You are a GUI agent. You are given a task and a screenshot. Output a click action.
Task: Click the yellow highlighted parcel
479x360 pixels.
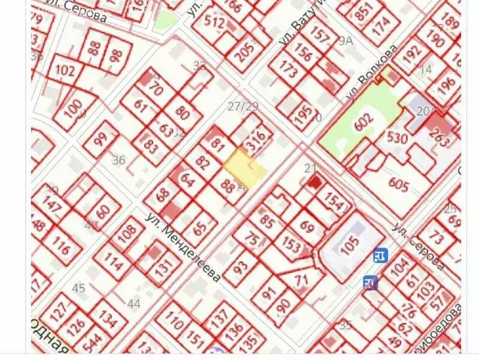point(243,168)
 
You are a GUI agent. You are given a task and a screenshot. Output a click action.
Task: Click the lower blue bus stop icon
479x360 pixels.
point(370,282)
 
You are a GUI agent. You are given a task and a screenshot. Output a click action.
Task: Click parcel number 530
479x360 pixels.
point(396,139)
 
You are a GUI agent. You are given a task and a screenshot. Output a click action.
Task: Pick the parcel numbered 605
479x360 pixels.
point(398,181)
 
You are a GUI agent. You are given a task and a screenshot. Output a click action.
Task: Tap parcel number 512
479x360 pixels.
point(214,24)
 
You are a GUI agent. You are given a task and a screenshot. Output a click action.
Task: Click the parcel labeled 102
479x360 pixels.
point(65,71)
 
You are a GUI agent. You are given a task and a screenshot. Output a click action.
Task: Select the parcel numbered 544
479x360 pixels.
point(92,346)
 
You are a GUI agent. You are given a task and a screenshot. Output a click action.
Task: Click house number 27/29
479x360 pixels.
point(243,107)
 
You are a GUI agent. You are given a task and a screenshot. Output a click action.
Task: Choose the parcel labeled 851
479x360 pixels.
point(363,12)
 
